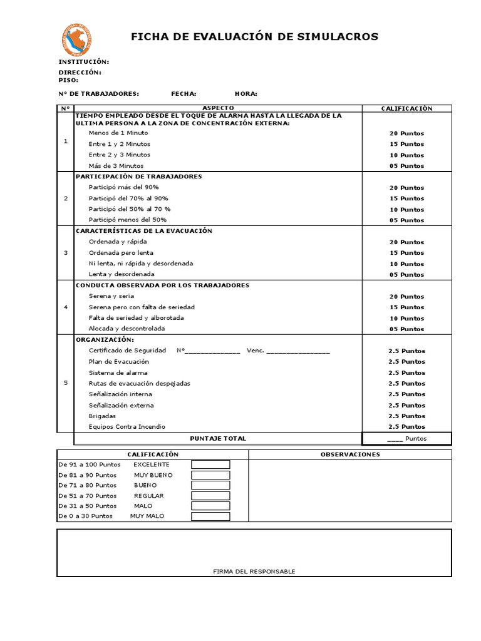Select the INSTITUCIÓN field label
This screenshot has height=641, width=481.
[x=83, y=62]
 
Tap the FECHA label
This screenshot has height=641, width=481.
[x=184, y=94]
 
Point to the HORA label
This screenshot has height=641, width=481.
[x=246, y=94]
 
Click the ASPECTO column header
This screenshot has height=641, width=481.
[x=218, y=108]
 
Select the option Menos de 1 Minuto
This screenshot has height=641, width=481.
[x=118, y=133]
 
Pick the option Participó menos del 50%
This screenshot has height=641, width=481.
[x=127, y=220]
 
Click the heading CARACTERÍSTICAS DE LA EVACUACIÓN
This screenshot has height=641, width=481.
[x=143, y=231]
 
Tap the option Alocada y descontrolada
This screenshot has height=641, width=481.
[x=127, y=329]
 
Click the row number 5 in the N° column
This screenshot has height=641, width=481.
[x=66, y=383]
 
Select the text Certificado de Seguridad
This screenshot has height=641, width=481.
[x=127, y=351]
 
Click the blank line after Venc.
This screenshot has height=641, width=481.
[x=298, y=351]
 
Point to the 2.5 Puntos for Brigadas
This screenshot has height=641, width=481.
[x=406, y=416]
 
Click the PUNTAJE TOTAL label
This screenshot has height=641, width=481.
[x=218, y=438]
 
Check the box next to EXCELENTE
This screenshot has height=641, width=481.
[x=210, y=464]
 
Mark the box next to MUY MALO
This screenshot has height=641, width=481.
[x=210, y=516]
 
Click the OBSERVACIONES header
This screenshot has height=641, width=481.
[x=349, y=454]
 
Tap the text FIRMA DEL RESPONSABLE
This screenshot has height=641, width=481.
[x=254, y=571]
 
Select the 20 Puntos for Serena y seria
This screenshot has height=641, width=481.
[x=406, y=296]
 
